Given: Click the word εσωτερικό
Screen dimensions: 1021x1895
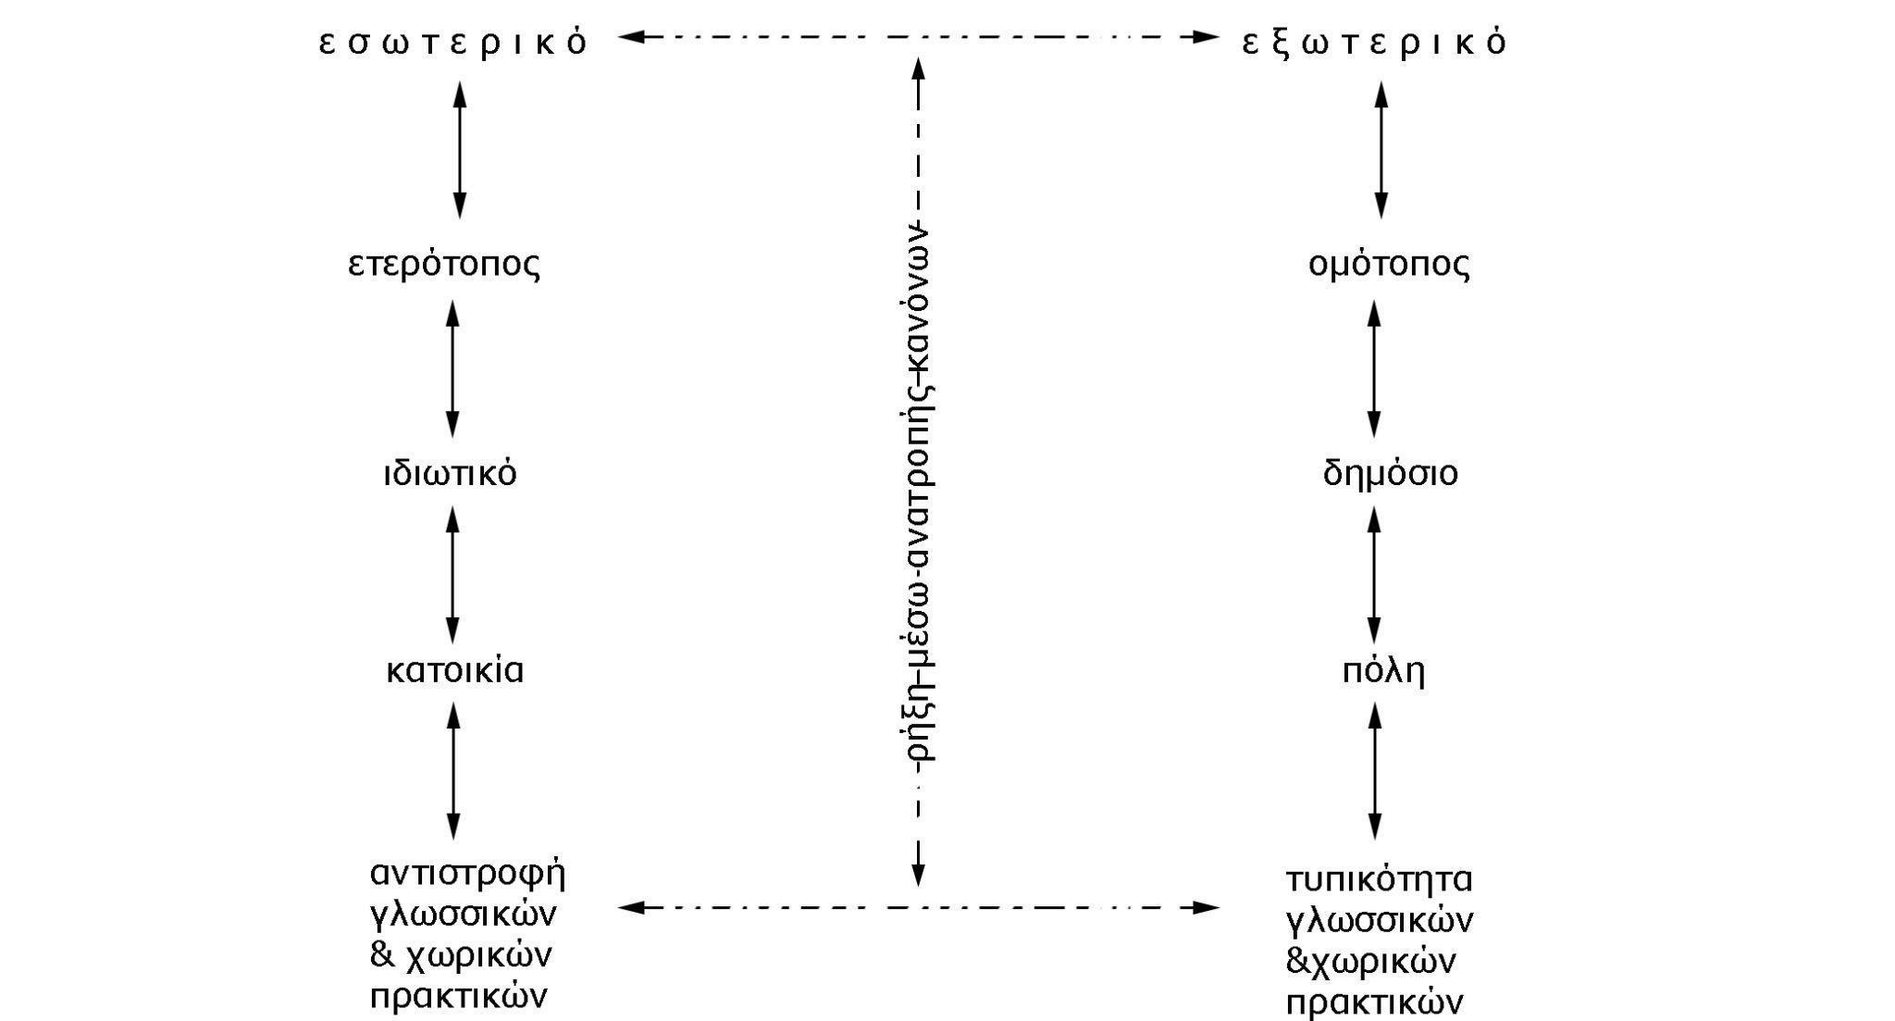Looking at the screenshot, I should (x=453, y=43).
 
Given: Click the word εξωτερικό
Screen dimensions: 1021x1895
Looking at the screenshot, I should (x=1375, y=43).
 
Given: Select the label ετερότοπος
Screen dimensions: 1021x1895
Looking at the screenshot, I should (x=444, y=265).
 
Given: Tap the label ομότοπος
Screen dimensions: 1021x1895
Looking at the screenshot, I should (x=1389, y=265).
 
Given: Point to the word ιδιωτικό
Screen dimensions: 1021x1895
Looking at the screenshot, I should (x=451, y=474).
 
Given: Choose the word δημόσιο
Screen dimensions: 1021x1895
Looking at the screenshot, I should (x=1390, y=474).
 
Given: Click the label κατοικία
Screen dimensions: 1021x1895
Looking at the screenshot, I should (x=454, y=670).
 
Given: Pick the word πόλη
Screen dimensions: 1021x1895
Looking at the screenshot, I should (x=1383, y=670).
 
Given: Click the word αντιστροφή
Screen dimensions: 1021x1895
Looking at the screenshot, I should (x=467, y=873).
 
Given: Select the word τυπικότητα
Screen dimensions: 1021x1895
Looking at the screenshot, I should (x=1379, y=878).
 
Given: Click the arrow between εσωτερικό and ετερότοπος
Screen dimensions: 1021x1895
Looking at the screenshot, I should (x=459, y=150).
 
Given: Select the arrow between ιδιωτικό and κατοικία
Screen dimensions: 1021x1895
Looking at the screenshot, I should (x=452, y=575).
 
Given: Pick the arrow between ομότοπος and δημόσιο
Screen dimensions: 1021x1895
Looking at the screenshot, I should (x=1374, y=368).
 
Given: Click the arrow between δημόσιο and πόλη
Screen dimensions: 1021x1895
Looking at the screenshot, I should (x=1374, y=575).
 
